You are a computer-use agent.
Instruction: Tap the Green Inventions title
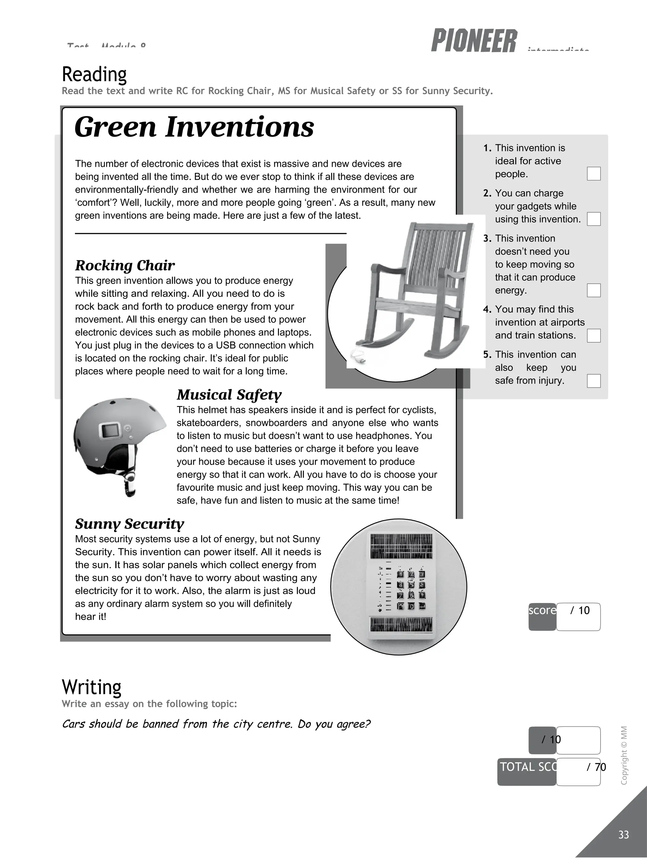[194, 127]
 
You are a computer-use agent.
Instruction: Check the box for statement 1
[593, 173]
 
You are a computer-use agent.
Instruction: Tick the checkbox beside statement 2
[593, 219]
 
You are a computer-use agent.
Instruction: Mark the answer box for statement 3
[593, 290]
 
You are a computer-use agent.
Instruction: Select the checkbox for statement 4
[593, 336]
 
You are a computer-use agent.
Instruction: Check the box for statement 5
[593, 381]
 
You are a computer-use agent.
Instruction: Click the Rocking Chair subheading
[125, 265]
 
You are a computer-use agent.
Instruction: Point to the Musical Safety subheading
[229, 394]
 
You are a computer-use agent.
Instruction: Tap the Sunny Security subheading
[129, 524]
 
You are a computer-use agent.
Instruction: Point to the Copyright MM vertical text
[624, 755]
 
